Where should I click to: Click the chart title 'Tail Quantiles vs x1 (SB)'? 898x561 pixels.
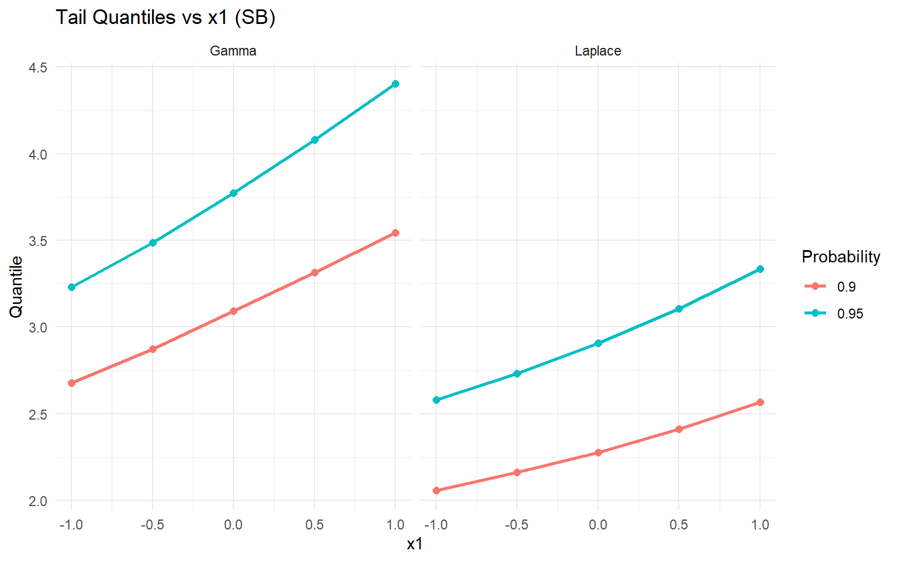[165, 18]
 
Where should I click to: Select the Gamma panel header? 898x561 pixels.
[233, 51]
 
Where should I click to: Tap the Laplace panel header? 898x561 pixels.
[597, 51]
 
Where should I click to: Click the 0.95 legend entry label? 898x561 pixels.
[850, 314]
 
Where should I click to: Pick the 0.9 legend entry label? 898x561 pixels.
[847, 287]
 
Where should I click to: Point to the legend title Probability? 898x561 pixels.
[841, 257]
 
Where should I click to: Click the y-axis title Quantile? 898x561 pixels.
[16, 287]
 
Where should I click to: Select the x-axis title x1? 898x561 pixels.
[415, 544]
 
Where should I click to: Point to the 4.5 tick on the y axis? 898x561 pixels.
[38, 67]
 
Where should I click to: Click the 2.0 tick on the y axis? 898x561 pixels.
[38, 501]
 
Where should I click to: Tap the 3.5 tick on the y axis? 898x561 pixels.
[38, 241]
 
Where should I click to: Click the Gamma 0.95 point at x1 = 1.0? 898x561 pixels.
[395, 84]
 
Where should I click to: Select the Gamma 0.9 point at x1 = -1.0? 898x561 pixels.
[71, 383]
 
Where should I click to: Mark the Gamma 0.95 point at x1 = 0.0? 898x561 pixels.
[233, 193]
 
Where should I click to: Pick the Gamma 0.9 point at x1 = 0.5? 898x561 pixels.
[315, 272]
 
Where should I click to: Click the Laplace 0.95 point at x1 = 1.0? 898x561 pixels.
[760, 269]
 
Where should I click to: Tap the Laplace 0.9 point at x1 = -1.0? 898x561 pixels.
[436, 490]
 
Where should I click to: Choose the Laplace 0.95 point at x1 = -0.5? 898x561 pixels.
[517, 373]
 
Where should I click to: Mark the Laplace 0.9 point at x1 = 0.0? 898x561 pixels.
[598, 452]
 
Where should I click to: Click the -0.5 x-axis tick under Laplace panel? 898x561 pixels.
[516, 525]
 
